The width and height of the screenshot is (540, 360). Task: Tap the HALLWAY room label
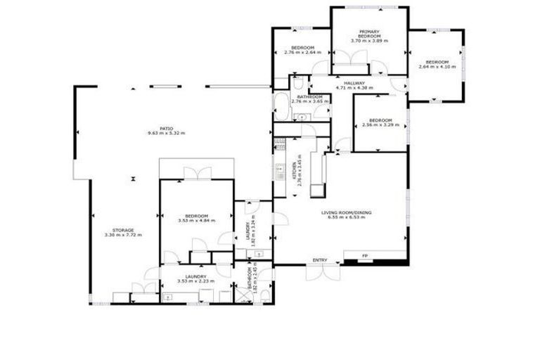(x=354, y=83)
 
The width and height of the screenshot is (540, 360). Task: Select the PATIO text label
(x=166, y=128)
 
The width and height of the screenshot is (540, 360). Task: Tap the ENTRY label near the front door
(x=320, y=260)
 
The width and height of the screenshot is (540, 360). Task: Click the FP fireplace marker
(x=365, y=255)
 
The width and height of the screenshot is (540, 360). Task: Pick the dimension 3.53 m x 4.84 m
(x=196, y=220)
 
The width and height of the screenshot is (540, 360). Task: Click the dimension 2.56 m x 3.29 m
(x=380, y=125)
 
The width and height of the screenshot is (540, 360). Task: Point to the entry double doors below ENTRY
(x=320, y=273)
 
